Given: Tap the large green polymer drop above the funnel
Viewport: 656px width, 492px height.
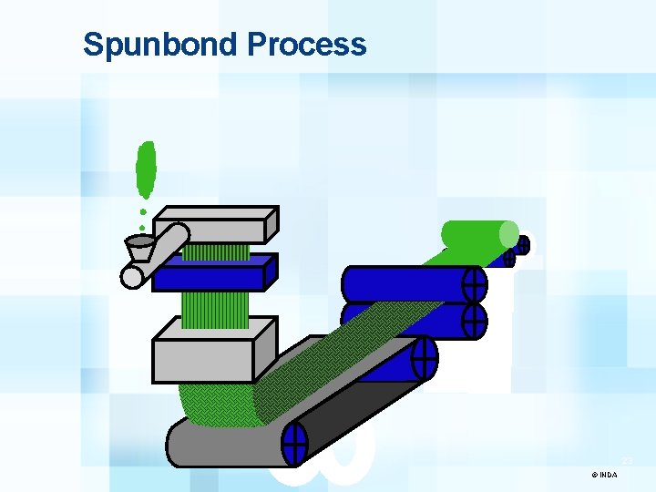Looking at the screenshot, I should coord(145,170).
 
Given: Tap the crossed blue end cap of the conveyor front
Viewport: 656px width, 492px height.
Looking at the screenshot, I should coord(294,446).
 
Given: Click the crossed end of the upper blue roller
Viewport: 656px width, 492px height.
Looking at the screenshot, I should coord(475,284).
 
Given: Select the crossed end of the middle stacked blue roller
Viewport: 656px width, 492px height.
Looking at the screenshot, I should coord(474,321).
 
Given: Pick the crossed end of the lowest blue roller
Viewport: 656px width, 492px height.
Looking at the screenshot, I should coord(425,358).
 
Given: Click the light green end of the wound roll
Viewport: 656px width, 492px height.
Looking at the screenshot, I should coord(507,234).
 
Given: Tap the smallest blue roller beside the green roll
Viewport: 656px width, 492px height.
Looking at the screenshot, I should coord(522,245).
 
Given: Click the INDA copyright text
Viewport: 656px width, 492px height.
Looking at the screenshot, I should coord(604,475).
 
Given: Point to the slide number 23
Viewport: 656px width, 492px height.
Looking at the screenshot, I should coord(628,462).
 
